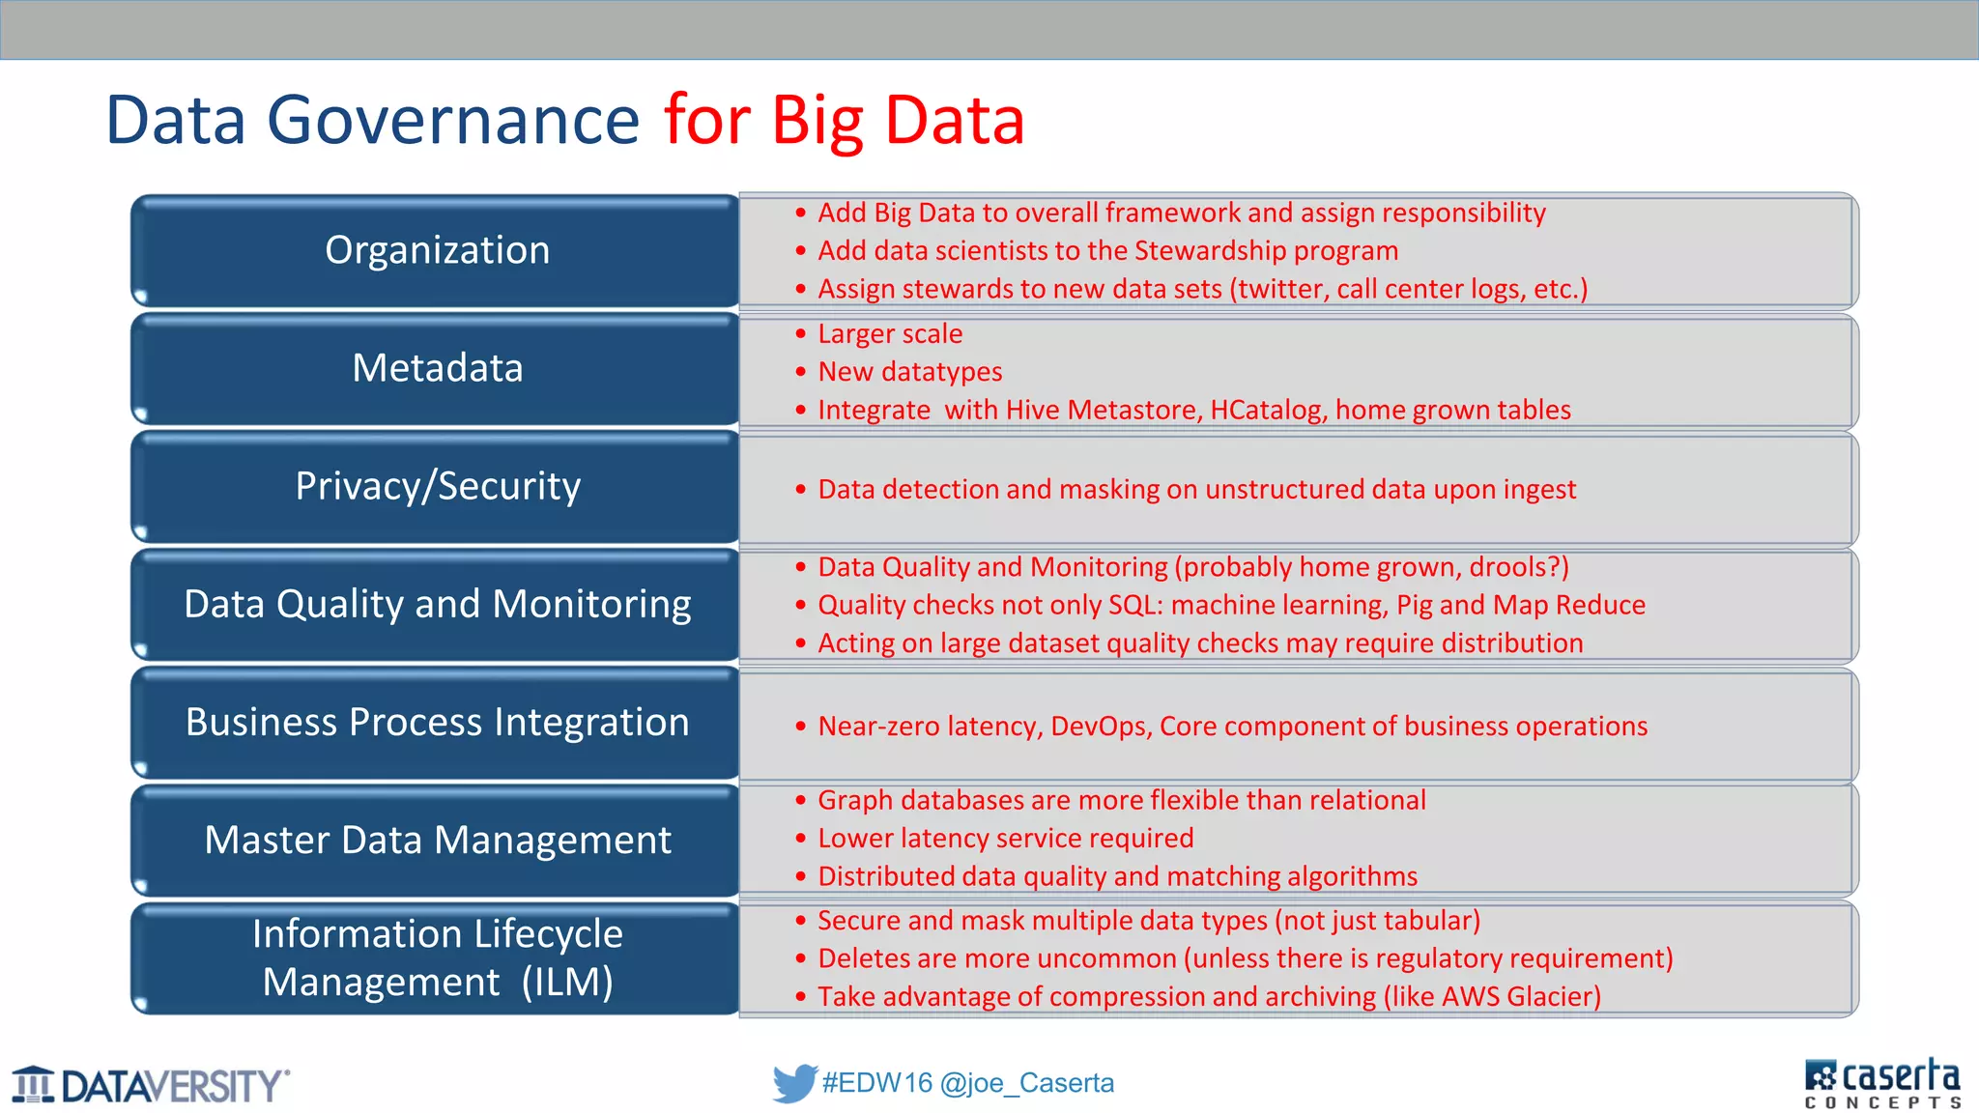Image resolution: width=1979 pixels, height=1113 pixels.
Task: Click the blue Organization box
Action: (436, 251)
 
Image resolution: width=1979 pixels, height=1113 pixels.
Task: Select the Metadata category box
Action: (436, 369)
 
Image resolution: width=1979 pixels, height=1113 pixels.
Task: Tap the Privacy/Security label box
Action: (436, 487)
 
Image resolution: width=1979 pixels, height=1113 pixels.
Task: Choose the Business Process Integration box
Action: (436, 723)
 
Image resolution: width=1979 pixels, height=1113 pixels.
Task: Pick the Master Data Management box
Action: (436, 841)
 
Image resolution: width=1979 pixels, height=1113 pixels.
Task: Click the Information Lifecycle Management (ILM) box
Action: (436, 958)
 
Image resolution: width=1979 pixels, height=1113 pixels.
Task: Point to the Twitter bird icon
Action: (794, 1083)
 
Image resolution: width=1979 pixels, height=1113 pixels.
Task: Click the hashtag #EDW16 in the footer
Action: (876, 1083)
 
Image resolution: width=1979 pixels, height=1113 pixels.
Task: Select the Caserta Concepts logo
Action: (1881, 1083)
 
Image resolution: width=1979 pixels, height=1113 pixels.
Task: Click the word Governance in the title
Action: (452, 120)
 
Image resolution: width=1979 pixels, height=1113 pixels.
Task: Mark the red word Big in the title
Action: (817, 122)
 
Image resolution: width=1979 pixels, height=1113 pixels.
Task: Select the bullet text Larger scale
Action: (890, 334)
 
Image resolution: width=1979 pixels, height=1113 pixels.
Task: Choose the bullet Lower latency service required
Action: (1005, 839)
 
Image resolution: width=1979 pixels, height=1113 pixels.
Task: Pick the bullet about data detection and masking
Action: (1196, 490)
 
